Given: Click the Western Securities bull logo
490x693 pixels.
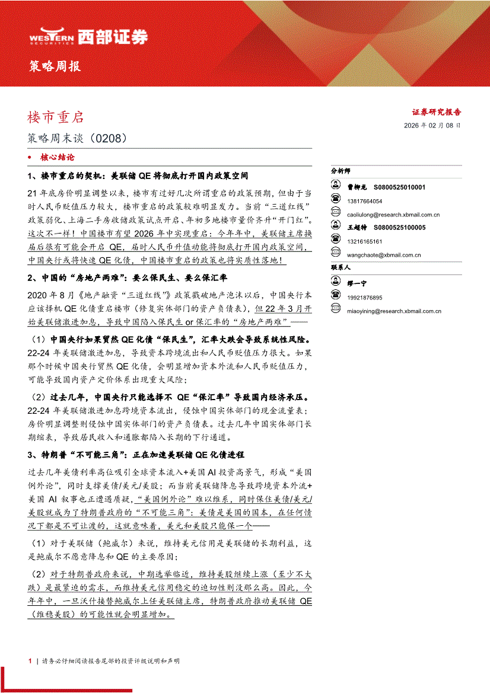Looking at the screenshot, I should point(52,36).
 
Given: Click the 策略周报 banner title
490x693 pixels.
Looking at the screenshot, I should point(55,66).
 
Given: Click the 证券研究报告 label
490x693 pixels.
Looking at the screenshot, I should point(437,111).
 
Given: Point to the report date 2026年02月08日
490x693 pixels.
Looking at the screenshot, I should point(432,126).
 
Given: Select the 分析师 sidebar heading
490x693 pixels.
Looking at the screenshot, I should point(341,171).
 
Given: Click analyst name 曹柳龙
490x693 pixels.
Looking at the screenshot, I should point(358,187).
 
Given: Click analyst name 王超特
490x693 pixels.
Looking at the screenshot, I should point(358,228).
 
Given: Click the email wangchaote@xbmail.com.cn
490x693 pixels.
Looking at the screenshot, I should point(384,255).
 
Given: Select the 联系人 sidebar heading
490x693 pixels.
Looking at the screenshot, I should point(341,268).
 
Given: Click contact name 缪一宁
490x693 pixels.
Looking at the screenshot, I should point(358,284).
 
